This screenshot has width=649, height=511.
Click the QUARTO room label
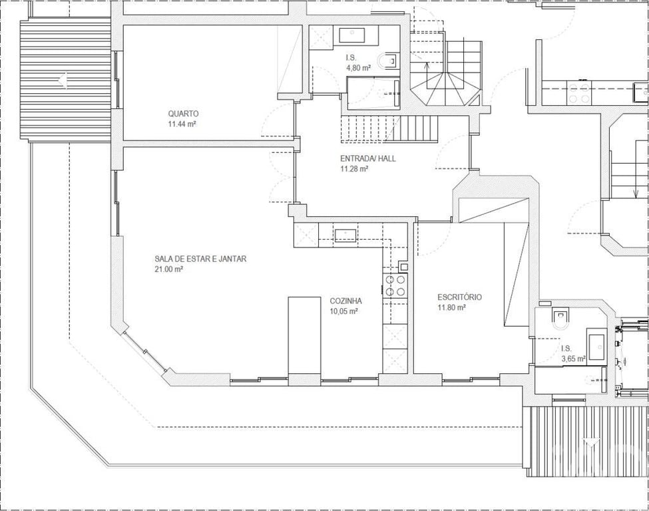click(183, 113)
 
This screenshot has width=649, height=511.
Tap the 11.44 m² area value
click(182, 123)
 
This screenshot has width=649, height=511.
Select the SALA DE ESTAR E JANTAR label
click(201, 259)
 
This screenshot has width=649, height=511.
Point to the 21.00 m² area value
click(169, 269)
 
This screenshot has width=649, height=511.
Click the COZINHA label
click(345, 301)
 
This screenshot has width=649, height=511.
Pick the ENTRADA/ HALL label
click(368, 158)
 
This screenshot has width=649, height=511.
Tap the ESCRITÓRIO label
click(460, 297)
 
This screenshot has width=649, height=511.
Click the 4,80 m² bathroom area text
click(358, 68)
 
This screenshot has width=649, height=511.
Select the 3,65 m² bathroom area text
click(573, 359)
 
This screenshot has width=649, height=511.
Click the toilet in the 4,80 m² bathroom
click(390, 61)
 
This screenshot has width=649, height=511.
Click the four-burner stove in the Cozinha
click(395, 285)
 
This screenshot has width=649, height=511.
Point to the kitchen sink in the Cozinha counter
click(345, 235)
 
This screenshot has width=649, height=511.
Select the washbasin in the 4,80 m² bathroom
click(352, 35)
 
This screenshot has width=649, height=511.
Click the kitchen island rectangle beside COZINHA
click(304, 335)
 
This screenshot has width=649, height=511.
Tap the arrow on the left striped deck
click(63, 80)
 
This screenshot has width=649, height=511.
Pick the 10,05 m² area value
click(343, 311)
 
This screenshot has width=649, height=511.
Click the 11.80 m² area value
click(452, 307)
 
